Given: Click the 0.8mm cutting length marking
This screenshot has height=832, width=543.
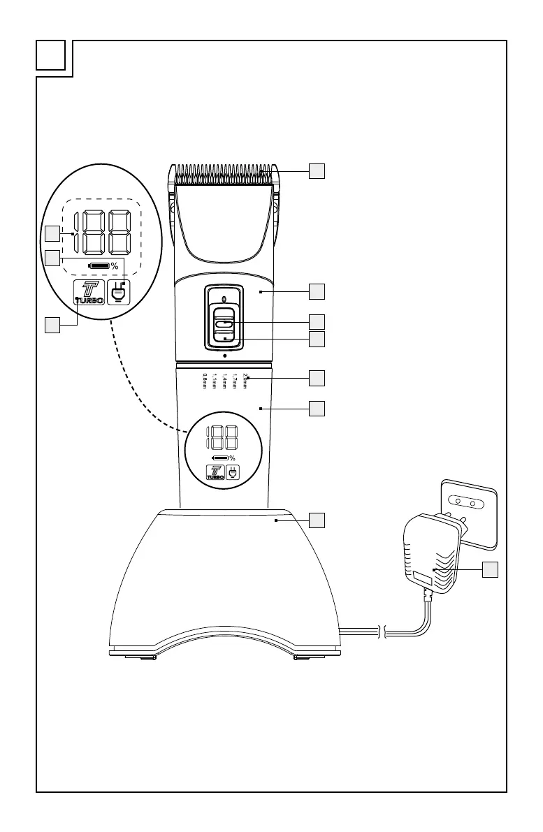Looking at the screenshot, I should coord(205,381).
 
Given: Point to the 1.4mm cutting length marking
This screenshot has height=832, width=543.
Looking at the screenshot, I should coord(225,381).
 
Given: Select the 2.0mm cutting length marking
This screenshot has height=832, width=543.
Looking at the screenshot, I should coord(246,381).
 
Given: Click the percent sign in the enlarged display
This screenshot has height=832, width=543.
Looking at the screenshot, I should coord(114,266).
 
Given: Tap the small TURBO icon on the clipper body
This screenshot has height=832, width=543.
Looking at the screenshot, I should coord(215,472).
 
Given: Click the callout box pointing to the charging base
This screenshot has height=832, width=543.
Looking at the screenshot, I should coord(317,520).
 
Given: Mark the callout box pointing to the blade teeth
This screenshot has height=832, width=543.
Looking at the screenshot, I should coord(317,170).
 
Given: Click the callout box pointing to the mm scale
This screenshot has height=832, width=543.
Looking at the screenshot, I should coord(317,378).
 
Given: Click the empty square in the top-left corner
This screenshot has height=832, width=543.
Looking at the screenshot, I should coord(52,57).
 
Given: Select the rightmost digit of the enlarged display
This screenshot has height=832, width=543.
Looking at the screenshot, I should coord(118,233).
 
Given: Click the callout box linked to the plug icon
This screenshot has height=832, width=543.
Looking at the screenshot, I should coord(52,258).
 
